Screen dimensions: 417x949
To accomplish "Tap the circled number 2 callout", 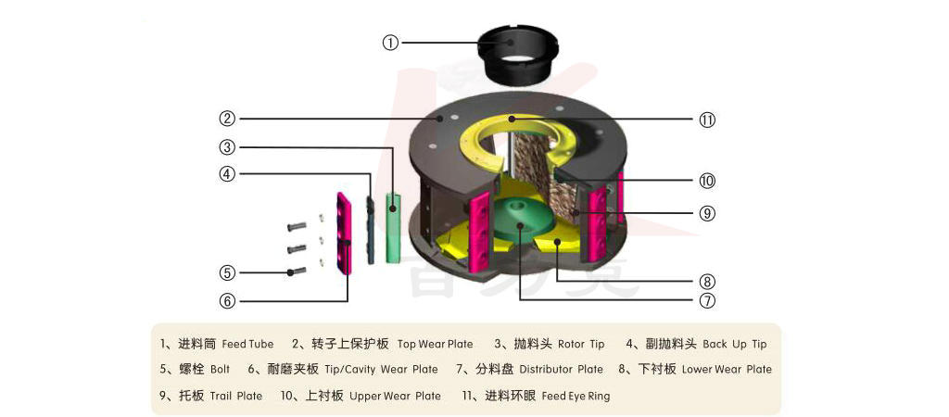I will point(227,119).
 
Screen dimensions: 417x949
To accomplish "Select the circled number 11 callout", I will point(707,120).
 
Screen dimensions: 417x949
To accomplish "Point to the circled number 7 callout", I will point(707,300).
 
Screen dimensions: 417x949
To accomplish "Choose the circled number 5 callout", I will point(227,272).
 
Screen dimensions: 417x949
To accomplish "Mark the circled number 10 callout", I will point(707,181).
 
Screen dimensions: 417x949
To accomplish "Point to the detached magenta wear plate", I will point(345,233).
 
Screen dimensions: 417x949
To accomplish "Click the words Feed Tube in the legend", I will point(247,344).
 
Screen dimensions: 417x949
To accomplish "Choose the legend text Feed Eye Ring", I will point(576,396).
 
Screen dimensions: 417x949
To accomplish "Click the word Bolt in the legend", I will point(220,370).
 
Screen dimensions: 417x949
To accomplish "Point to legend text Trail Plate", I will point(236,396).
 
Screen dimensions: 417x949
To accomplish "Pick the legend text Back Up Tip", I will point(735,344).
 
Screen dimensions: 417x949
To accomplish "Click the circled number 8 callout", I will point(707,281).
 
